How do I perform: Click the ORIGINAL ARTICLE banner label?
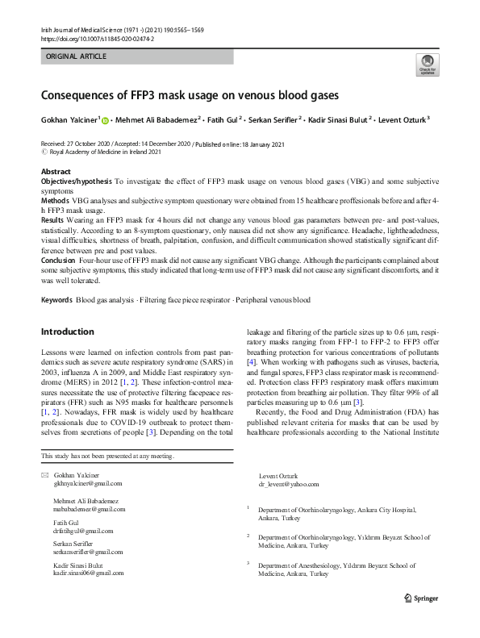point(75,56)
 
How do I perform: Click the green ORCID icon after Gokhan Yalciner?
point(106,120)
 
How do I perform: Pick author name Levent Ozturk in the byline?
point(401,120)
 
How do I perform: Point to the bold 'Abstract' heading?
point(56,173)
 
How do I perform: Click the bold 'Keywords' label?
point(56,300)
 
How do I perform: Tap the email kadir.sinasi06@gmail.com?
point(89,573)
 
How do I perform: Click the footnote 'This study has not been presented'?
point(107,457)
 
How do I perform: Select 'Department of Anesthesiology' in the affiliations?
point(307,566)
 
